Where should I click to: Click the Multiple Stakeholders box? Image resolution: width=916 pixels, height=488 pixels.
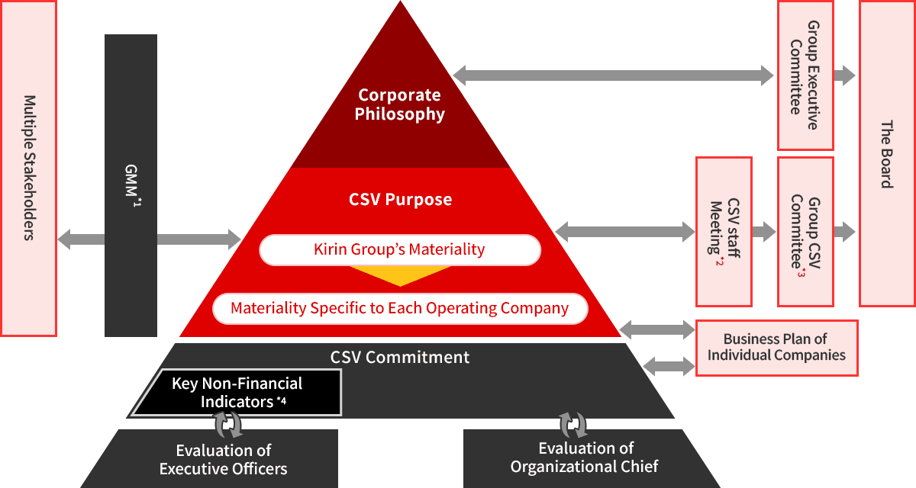tap(29, 168)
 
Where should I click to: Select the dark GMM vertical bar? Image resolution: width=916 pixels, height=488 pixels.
tap(131, 185)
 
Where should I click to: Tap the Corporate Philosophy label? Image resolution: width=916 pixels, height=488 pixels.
tap(400, 104)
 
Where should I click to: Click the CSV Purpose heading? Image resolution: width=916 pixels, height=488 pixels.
tap(400, 200)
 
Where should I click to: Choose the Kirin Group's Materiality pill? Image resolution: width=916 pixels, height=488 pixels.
tap(400, 249)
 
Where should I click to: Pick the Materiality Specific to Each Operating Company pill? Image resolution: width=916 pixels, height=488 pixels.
tap(400, 309)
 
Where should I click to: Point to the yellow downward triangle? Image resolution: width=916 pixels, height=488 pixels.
tap(400, 274)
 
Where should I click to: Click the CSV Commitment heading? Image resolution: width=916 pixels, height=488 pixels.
tap(400, 357)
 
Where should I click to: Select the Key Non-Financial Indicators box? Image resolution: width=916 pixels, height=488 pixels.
tap(237, 393)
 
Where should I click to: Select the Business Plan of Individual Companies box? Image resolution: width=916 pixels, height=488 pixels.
tap(776, 348)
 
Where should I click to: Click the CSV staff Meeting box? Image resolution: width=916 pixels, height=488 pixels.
tap(724, 232)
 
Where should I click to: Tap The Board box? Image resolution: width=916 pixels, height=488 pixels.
tap(886, 152)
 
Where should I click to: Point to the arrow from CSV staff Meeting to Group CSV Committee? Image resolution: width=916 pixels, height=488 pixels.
tap(764, 232)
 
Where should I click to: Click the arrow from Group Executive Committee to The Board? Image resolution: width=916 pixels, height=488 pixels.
tap(845, 75)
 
